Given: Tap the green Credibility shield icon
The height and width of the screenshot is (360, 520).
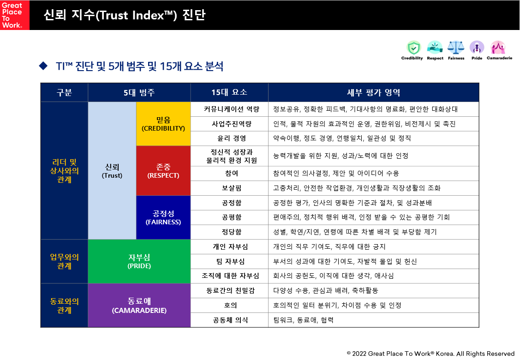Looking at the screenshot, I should pyautogui.click(x=413, y=47).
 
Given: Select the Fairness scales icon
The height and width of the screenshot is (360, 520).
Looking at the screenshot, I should pyautogui.click(x=456, y=47).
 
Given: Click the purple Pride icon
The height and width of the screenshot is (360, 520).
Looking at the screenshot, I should pyautogui.click(x=477, y=47).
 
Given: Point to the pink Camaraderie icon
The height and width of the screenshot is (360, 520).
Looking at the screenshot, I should pyautogui.click(x=498, y=47).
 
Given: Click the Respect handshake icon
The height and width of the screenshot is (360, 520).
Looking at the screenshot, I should pyautogui.click(x=435, y=47).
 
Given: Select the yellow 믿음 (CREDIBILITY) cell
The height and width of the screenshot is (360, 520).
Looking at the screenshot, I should pyautogui.click(x=163, y=124).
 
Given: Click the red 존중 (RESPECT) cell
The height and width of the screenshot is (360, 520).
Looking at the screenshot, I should pyautogui.click(x=163, y=171).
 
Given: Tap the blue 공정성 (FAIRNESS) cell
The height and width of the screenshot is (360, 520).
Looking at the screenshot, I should pyautogui.click(x=163, y=217).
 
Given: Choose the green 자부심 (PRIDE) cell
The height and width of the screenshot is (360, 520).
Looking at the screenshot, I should pyautogui.click(x=139, y=261).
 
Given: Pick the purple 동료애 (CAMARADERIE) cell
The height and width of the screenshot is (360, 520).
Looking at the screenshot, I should pyautogui.click(x=139, y=306).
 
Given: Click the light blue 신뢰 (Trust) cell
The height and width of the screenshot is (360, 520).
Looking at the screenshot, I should pyautogui.click(x=112, y=170).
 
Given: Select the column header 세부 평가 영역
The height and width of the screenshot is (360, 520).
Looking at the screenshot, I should pyautogui.click(x=373, y=92).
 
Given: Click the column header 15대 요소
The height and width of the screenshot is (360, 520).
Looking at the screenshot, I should pyautogui.click(x=229, y=92).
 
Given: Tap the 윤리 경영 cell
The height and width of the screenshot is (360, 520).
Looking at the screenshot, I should pyautogui.click(x=229, y=138).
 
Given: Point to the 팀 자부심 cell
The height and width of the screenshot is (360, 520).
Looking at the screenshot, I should pyautogui.click(x=229, y=261).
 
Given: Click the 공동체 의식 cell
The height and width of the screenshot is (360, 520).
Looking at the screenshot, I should pyautogui.click(x=229, y=320).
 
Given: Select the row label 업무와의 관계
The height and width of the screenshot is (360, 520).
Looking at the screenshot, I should pyautogui.click(x=64, y=261).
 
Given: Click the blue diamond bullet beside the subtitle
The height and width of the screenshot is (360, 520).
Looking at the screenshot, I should pyautogui.click(x=44, y=66).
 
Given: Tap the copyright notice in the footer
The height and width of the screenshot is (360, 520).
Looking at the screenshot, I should pyautogui.click(x=430, y=354).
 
